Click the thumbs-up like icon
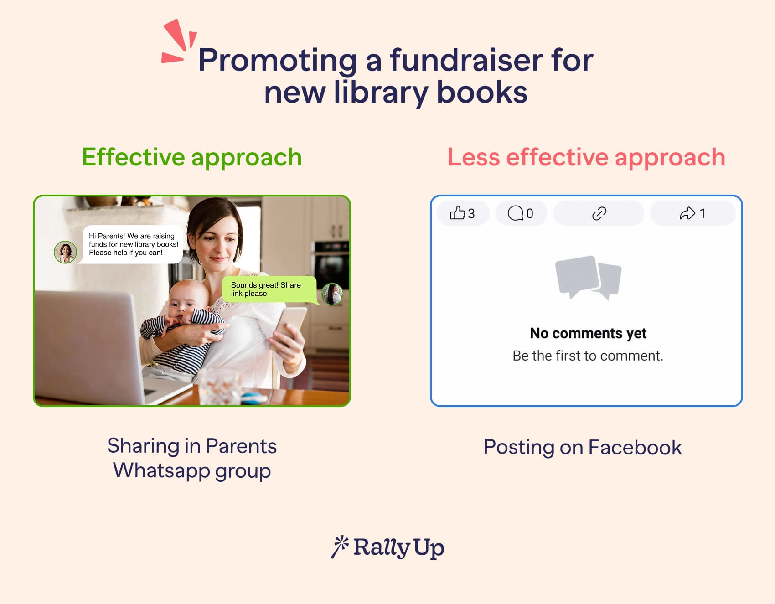[x=457, y=213]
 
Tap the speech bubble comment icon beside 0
[x=516, y=213]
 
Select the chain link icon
[x=599, y=213]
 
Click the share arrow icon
[x=687, y=213]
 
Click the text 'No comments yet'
[x=588, y=333]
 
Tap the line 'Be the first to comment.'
[x=588, y=356]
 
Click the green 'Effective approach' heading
[x=192, y=157]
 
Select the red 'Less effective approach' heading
[x=586, y=157]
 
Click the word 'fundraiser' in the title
[x=466, y=60]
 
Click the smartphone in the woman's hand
[x=288, y=327]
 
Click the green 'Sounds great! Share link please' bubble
[x=269, y=289]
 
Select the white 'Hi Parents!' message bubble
[x=132, y=244]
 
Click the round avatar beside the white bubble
[x=65, y=252]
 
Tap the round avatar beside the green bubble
[x=332, y=294]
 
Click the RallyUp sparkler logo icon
[x=340, y=546]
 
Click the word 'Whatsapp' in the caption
[x=162, y=470]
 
